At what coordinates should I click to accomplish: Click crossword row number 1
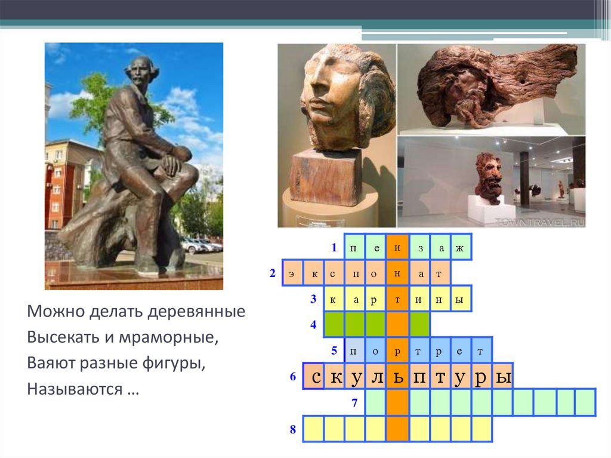[335, 247]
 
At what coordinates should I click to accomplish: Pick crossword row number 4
[313, 325]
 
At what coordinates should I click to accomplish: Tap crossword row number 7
[354, 402]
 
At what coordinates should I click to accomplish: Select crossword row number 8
[293, 429]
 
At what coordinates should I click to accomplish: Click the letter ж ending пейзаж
[459, 247]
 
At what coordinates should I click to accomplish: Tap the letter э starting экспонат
[292, 274]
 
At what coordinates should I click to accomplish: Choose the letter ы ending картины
[459, 299]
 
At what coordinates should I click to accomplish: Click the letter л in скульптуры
[376, 377]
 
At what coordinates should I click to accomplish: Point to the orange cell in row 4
[396, 325]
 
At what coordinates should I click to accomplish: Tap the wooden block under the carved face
[326, 176]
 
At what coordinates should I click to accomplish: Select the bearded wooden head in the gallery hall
[489, 177]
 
